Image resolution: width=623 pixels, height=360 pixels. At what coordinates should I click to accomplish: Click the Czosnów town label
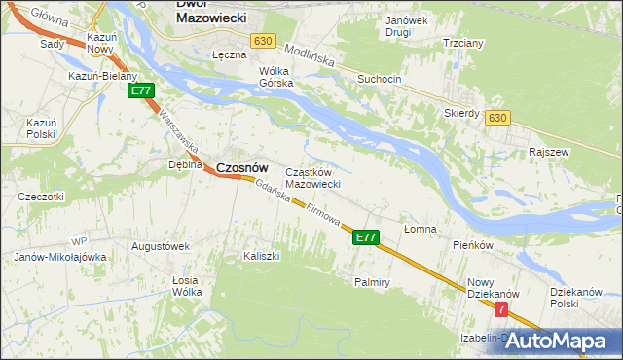tap(241, 167)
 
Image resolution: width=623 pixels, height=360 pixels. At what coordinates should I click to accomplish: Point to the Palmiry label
tap(372, 282)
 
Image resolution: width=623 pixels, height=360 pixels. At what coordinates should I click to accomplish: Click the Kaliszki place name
tap(261, 256)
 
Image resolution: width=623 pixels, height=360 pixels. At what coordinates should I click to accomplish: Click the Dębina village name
tap(185, 164)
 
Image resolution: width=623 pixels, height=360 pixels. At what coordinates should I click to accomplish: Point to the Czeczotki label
tap(41, 197)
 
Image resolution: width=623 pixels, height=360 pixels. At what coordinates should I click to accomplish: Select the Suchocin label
tap(379, 79)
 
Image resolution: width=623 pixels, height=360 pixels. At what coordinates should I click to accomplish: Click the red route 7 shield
tap(501, 309)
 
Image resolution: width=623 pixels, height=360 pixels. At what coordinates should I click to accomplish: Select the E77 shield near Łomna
tap(365, 236)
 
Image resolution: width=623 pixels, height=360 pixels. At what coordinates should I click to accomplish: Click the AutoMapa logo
tap(558, 341)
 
